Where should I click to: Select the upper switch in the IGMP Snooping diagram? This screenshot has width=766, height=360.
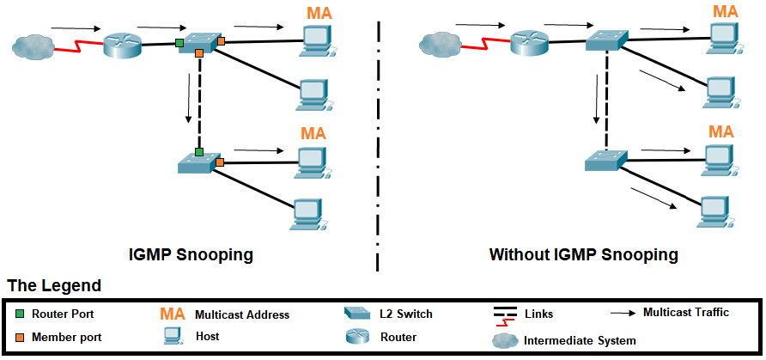pyautogui.click(x=199, y=42)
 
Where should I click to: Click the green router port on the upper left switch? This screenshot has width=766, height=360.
pyautogui.click(x=179, y=42)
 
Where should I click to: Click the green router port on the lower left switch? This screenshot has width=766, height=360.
pyautogui.click(x=198, y=152)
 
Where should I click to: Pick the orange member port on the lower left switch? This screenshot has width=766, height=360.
pyautogui.click(x=220, y=162)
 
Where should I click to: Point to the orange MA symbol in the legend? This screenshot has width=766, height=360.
pyautogui.click(x=173, y=314)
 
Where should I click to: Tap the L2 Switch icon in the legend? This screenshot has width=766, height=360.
pyautogui.click(x=356, y=314)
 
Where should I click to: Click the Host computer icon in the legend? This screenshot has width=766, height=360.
pyautogui.click(x=171, y=337)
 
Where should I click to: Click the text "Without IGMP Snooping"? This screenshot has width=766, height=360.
pyautogui.click(x=584, y=255)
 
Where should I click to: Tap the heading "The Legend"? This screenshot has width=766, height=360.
pyautogui.click(x=55, y=285)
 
